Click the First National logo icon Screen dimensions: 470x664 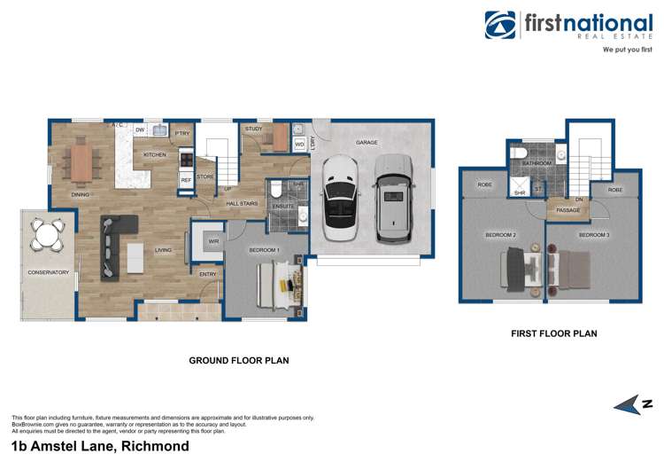tap(500, 26)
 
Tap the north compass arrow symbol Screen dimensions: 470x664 tap(630, 404)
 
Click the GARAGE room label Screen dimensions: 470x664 tap(367, 142)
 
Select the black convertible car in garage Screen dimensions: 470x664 tap(338, 200)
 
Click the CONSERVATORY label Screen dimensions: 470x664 tap(48, 272)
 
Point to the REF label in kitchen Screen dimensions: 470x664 tap(186, 180)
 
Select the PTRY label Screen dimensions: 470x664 tap(182, 134)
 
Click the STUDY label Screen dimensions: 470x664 tap(253, 129)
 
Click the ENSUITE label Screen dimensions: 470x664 tap(283, 207)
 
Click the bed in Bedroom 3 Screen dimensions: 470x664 tap(575, 267)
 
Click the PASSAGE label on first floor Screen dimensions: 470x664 tap(568, 210)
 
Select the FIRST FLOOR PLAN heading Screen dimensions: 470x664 tap(554, 334)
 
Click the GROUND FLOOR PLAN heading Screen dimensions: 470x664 tap(239, 361)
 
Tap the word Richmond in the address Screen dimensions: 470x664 tap(156, 447)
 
